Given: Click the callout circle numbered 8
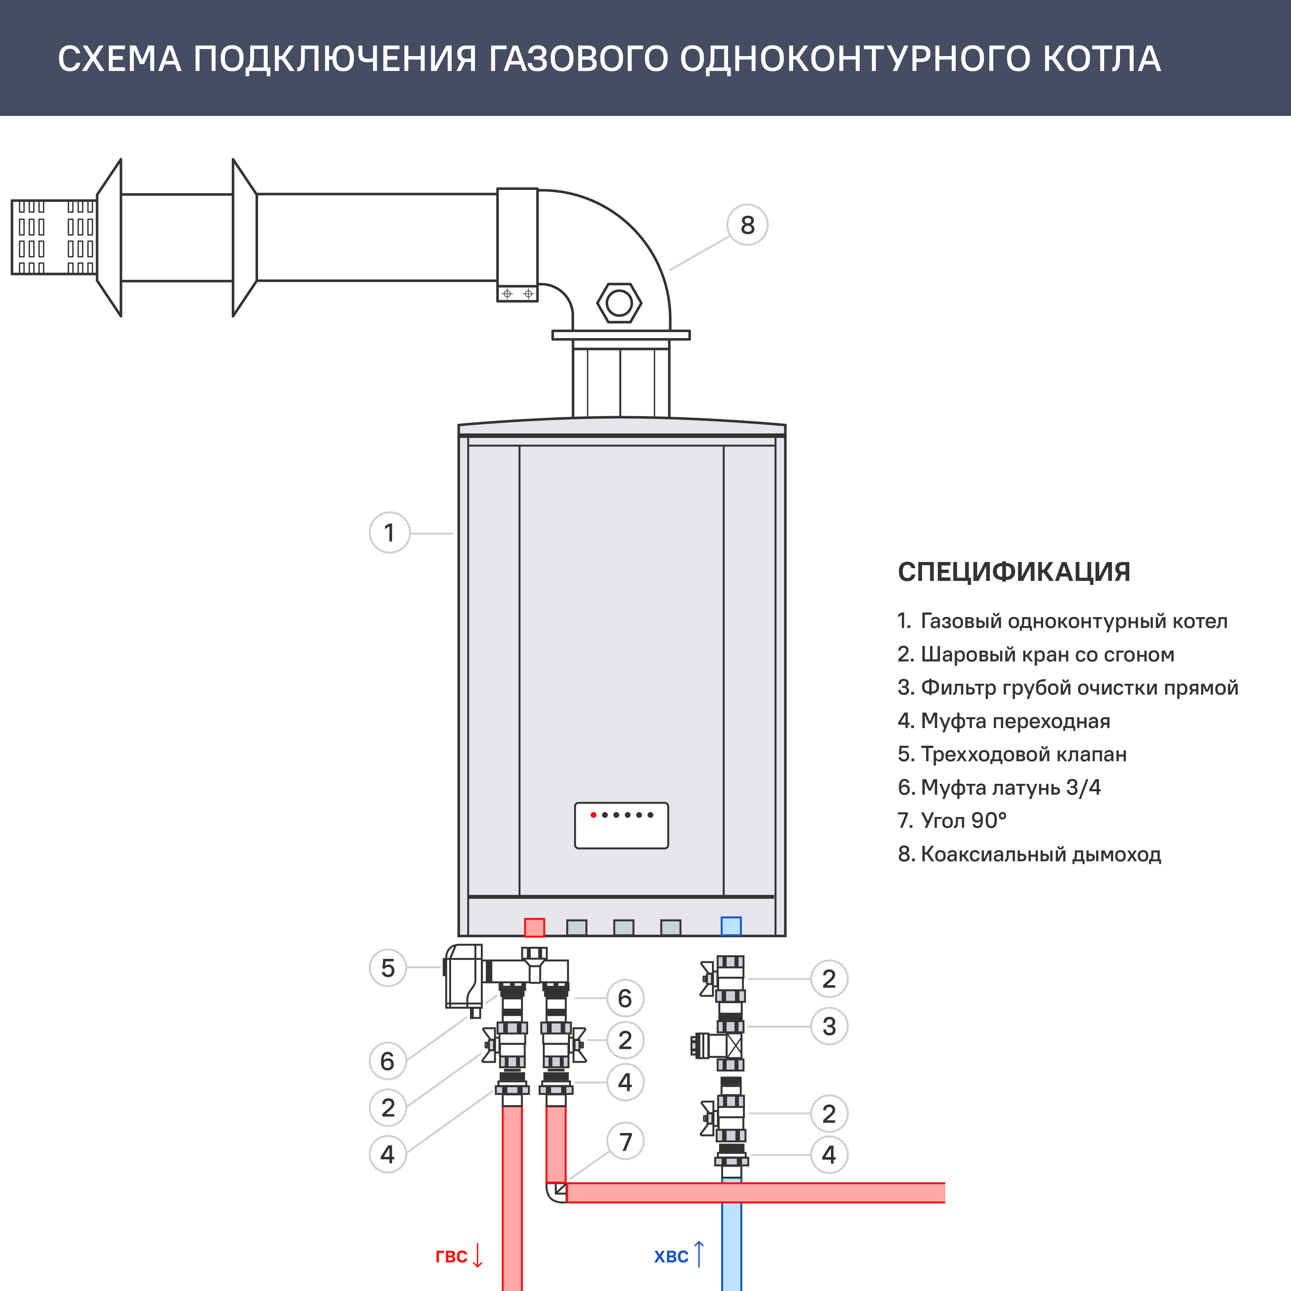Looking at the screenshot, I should (x=747, y=225).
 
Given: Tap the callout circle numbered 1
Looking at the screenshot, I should (x=389, y=533).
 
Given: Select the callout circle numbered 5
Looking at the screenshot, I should (x=388, y=968).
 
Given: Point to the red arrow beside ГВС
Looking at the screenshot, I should (x=477, y=1255).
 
